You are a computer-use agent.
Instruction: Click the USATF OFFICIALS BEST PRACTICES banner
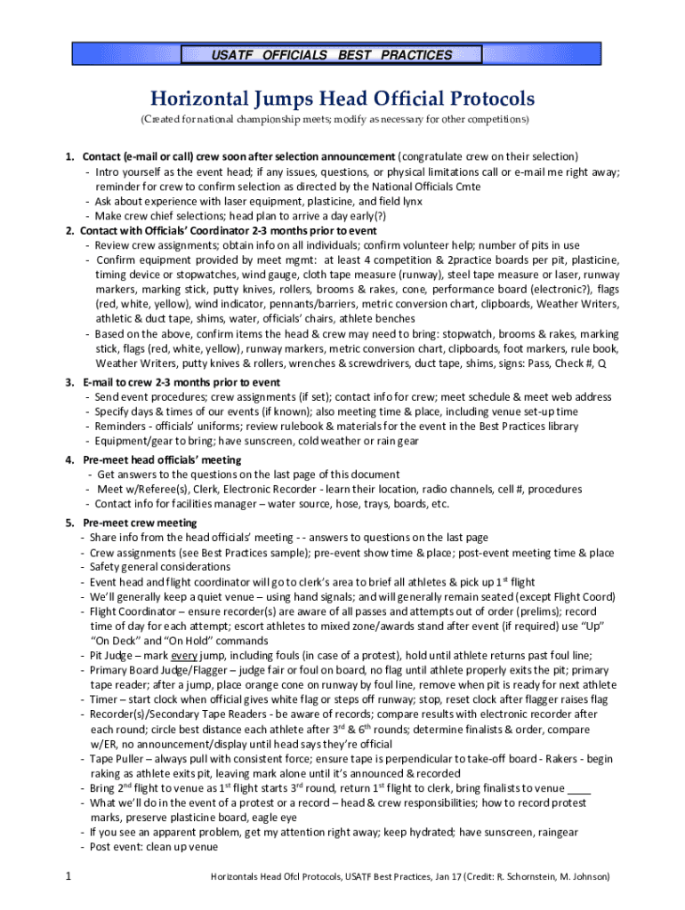(x=342, y=55)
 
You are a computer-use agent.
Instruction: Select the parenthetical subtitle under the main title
(x=342, y=119)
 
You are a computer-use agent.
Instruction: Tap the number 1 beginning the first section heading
(x=68, y=157)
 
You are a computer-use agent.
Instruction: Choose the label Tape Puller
(x=120, y=758)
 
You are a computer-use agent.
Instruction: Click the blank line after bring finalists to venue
(x=579, y=788)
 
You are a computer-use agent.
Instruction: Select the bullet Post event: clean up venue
(x=153, y=846)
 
